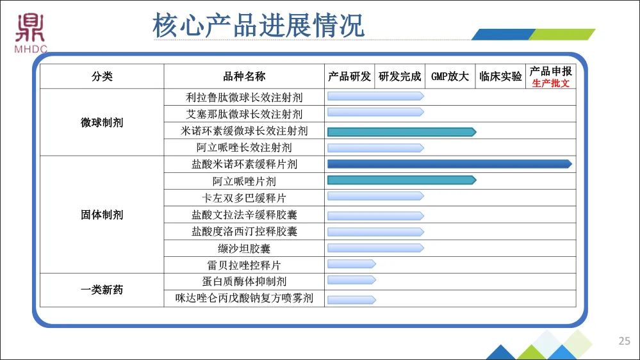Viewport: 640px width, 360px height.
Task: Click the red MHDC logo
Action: point(31,33)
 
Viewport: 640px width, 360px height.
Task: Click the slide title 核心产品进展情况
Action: point(258,26)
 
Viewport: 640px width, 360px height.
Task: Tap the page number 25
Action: point(625,341)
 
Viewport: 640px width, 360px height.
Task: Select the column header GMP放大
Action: point(450,76)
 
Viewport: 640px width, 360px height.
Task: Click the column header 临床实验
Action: point(500,76)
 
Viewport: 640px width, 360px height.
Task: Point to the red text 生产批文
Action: point(550,83)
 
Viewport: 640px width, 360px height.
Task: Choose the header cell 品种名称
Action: point(244,76)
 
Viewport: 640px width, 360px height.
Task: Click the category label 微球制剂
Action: point(102,122)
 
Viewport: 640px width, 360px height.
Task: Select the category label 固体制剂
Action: point(102,215)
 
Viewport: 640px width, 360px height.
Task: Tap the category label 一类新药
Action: point(102,290)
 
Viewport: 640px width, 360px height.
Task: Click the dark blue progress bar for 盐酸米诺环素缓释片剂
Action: point(450,164)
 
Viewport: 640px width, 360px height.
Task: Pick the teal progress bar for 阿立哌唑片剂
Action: point(402,180)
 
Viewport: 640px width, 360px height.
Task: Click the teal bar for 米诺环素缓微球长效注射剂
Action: point(402,132)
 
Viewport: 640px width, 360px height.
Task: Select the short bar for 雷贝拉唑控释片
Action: point(352,264)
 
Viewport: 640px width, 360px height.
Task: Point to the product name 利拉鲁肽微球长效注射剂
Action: point(244,97)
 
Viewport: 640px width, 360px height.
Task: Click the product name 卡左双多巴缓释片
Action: point(244,198)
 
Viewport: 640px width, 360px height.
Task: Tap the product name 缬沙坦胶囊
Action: point(244,248)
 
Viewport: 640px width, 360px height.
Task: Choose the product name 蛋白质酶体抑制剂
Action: point(244,281)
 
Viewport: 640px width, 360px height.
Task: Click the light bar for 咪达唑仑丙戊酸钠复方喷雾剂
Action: point(352,300)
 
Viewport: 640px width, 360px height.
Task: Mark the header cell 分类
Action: point(102,76)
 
